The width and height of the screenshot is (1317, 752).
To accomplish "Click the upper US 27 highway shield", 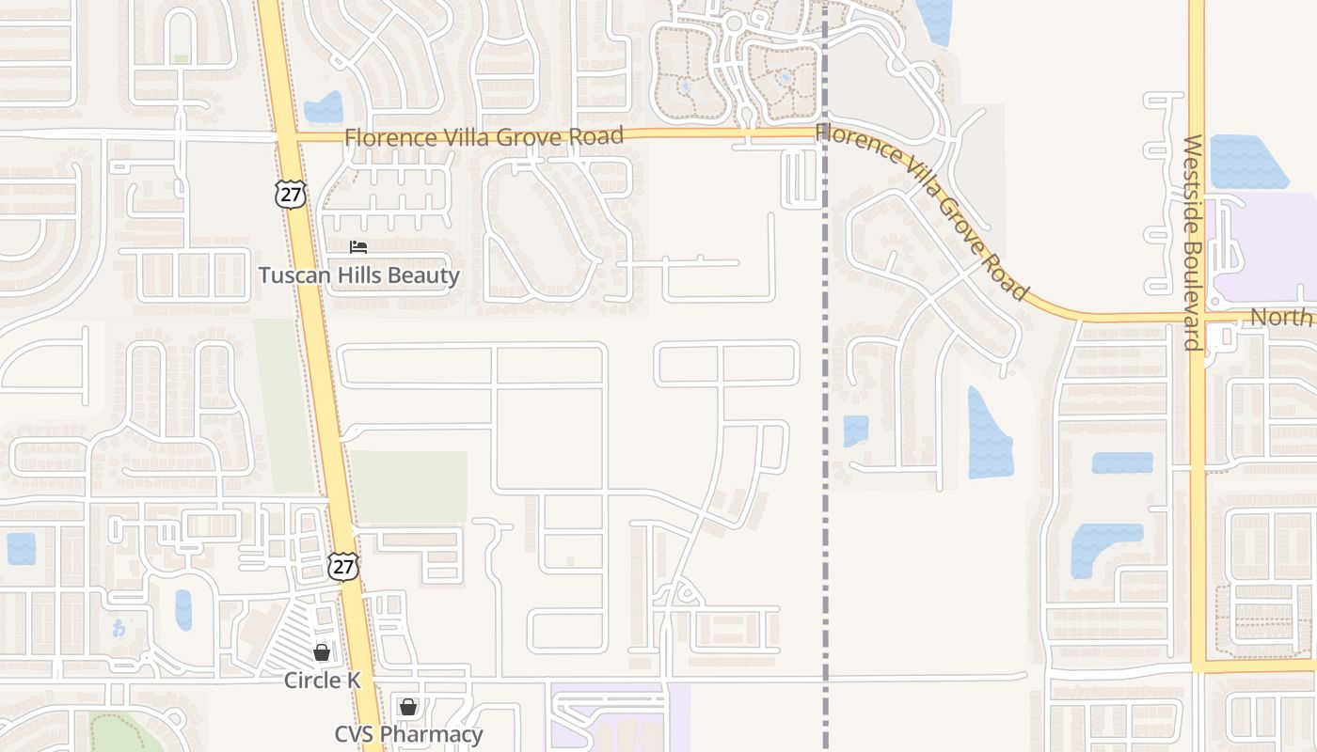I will coord(292,195).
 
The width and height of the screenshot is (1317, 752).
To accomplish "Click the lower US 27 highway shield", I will coord(343,566).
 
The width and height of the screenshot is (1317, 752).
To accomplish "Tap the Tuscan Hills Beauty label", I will coord(359,275).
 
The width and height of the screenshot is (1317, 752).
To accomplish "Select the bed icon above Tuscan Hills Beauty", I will coord(358,247).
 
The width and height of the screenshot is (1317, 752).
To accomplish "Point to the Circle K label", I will coord(323,680).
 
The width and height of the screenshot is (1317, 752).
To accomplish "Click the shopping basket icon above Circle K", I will coord(322,651).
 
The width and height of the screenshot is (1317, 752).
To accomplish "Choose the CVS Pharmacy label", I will coord(408,734).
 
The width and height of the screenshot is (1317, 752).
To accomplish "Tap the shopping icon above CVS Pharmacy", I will coord(408,706).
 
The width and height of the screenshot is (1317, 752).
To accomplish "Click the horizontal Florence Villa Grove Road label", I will coord(484,137).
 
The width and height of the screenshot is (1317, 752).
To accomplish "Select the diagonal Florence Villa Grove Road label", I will coord(922,211).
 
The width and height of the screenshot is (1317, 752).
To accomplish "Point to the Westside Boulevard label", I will coord(1192,243).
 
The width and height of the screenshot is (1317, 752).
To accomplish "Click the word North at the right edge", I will coord(1280,317).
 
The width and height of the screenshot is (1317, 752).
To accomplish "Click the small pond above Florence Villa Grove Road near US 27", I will coord(324,107).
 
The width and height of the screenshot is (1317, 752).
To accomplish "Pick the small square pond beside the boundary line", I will coord(855,431).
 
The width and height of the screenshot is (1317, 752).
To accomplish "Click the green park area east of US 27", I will coord(409,487).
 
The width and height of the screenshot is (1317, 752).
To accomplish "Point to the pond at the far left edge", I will coord(21,548).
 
